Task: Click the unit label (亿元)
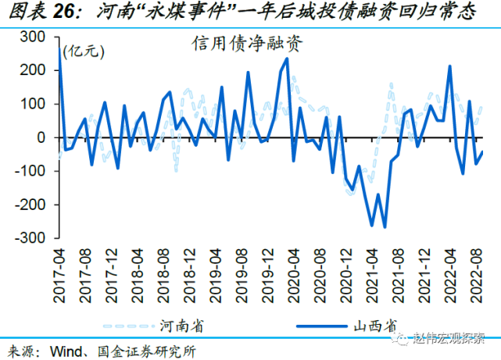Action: point(83,52)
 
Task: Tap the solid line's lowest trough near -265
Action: point(385,226)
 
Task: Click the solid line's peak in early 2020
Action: point(287,59)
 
